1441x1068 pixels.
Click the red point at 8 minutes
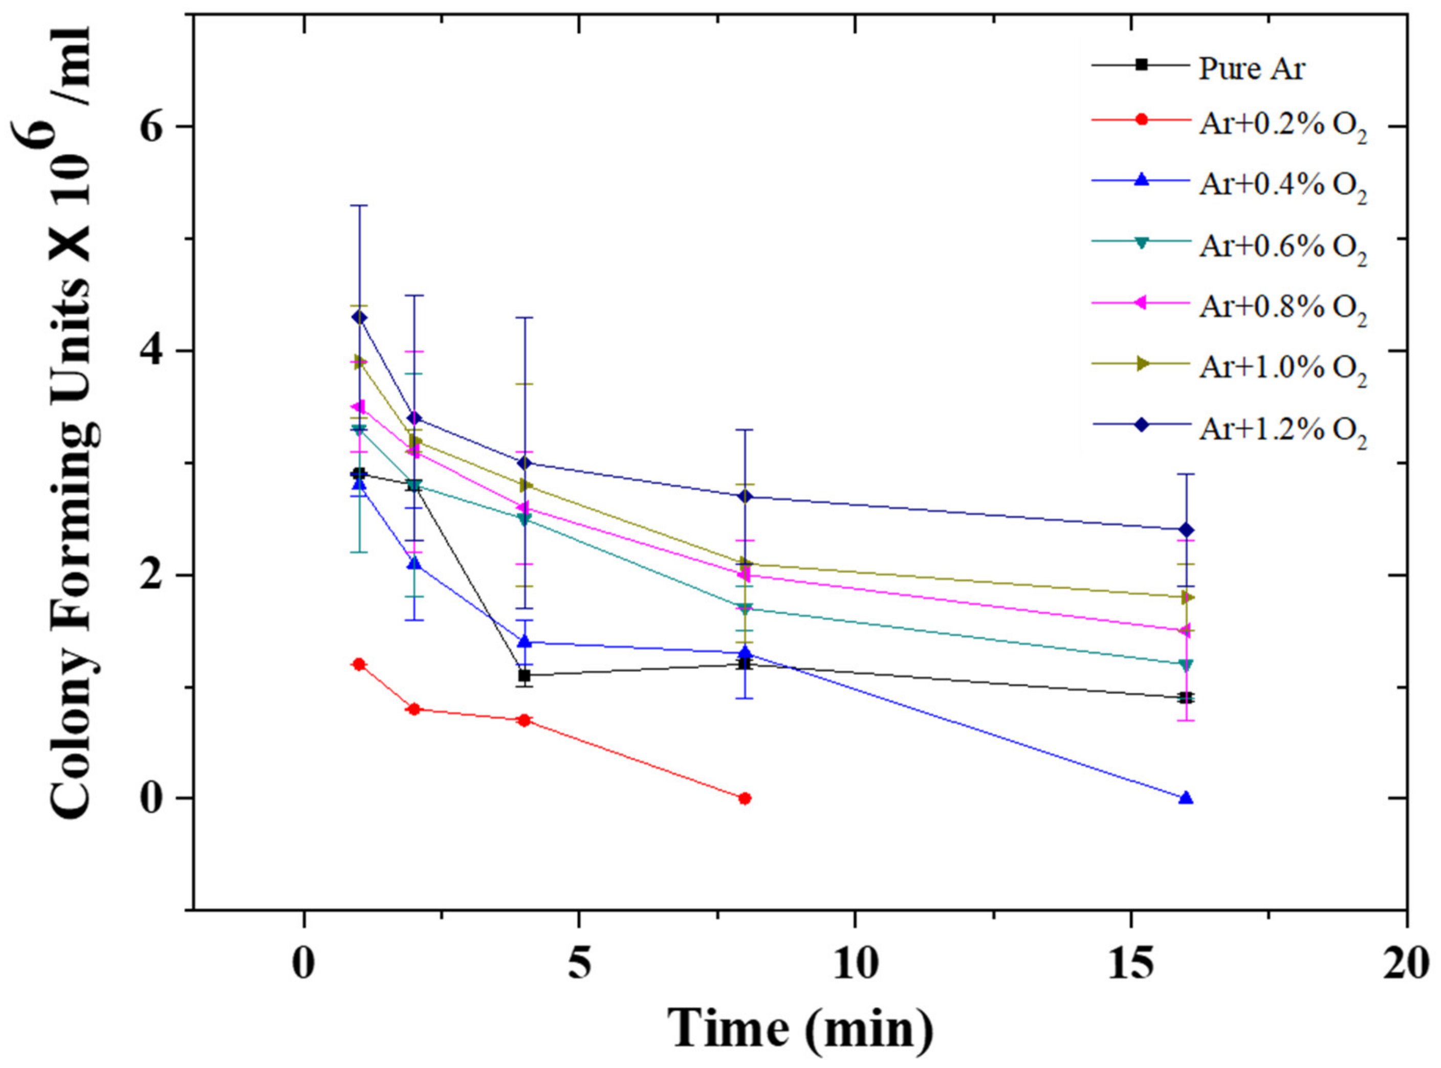click(745, 798)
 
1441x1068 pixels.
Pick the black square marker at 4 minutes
click(525, 676)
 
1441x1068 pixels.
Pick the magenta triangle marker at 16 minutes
click(1184, 630)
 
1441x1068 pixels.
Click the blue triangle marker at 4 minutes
click(525, 641)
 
